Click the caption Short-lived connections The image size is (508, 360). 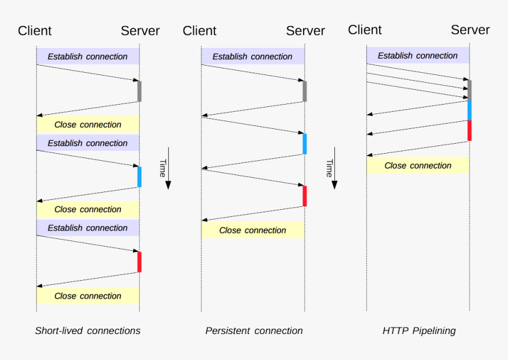coord(87,330)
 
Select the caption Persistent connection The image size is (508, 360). coord(254,330)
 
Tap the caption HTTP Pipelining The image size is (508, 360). coord(419,330)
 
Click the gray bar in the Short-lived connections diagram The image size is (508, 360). coord(139,91)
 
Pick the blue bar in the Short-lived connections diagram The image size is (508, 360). coord(139,177)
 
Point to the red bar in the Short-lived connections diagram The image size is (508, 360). coord(139,262)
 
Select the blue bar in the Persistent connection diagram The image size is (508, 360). coord(305,144)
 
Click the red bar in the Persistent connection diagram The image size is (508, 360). coord(305,196)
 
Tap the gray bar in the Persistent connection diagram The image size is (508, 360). coord(305,91)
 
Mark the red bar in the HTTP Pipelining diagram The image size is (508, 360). coord(470,130)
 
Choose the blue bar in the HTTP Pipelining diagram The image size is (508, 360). coord(470,110)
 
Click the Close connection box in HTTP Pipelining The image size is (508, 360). coord(418,166)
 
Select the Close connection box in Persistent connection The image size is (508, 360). coord(253,231)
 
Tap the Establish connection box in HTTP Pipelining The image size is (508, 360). coord(418,56)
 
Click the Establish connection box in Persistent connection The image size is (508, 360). coord(253,57)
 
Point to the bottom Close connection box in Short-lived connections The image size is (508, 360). coord(87,296)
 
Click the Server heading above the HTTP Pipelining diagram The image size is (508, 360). coord(470,30)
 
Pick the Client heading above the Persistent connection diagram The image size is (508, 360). coord(200,31)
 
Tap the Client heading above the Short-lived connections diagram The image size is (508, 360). coord(35,31)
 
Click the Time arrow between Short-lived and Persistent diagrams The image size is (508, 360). coord(167,168)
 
